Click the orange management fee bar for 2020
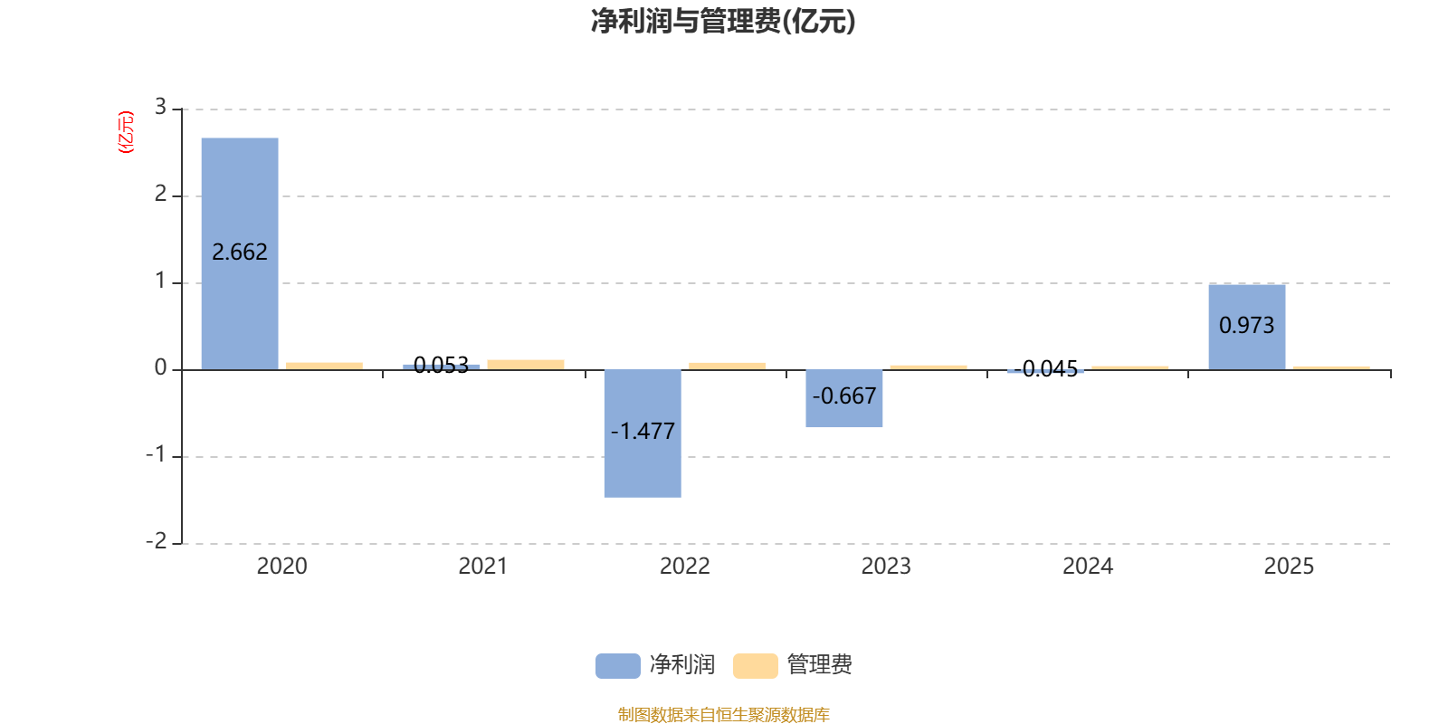(323, 366)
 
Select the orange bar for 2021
(525, 364)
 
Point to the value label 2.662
(240, 252)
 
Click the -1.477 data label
(643, 432)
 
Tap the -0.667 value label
(843, 396)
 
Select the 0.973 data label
(1246, 326)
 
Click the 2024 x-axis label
(1087, 567)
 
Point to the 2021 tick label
(482, 567)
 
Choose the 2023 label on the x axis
(885, 567)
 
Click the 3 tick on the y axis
(160, 108)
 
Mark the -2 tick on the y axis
(157, 541)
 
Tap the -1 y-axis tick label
(157, 454)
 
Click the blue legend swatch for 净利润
(617, 666)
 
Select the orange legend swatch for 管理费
(755, 666)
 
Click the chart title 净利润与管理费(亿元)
(723, 22)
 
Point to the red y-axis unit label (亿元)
(126, 132)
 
